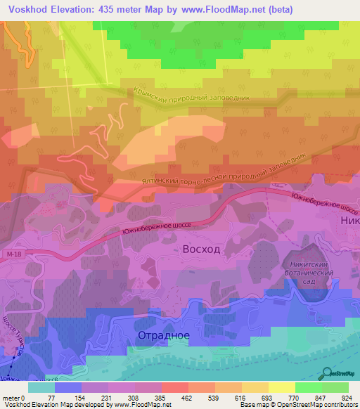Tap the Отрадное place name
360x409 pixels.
pyautogui.click(x=163, y=335)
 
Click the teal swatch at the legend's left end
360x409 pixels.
pyautogui.click(x=41, y=387)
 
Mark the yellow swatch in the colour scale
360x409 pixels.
pyautogui.click(x=282, y=387)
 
